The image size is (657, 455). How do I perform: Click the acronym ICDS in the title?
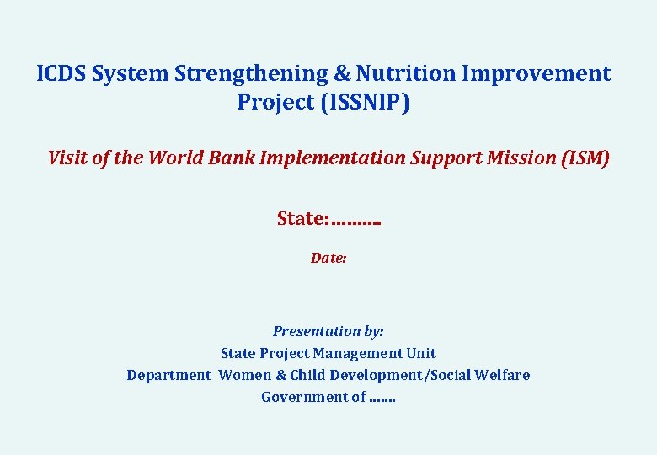click(x=61, y=74)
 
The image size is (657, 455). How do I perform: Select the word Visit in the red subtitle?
click(x=67, y=158)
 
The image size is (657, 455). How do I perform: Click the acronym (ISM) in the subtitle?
click(x=585, y=158)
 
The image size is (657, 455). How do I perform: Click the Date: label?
click(x=328, y=258)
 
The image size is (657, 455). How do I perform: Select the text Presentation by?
click(x=328, y=332)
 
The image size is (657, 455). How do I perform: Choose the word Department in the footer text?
click(x=168, y=375)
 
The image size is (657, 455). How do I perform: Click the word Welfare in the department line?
click(x=503, y=375)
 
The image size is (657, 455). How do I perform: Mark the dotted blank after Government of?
click(x=382, y=397)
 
